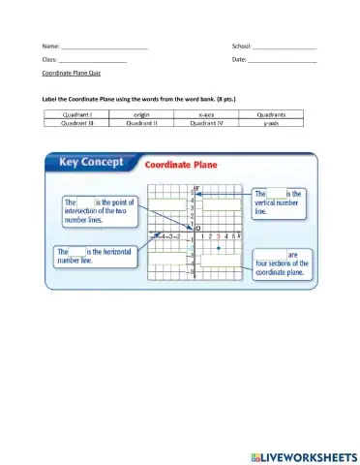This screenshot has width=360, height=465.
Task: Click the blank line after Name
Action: click(x=104, y=46)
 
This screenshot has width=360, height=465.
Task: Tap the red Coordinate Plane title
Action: click(x=181, y=165)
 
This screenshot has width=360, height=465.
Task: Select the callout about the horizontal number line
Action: click(x=93, y=255)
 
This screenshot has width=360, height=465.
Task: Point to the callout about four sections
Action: click(x=280, y=263)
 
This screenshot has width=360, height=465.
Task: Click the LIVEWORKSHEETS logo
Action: click(x=303, y=454)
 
